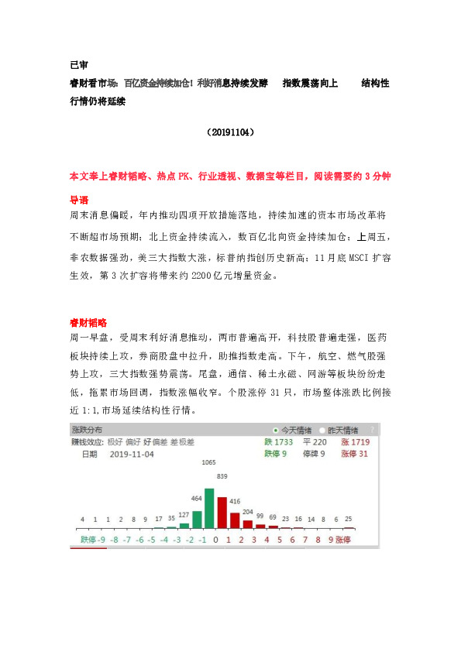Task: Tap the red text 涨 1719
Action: [354, 442]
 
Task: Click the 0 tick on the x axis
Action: [216, 539]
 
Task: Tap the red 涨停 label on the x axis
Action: [342, 539]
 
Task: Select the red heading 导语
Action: [78, 199]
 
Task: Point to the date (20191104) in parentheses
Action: [231, 132]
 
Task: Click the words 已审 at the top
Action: [78, 67]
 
